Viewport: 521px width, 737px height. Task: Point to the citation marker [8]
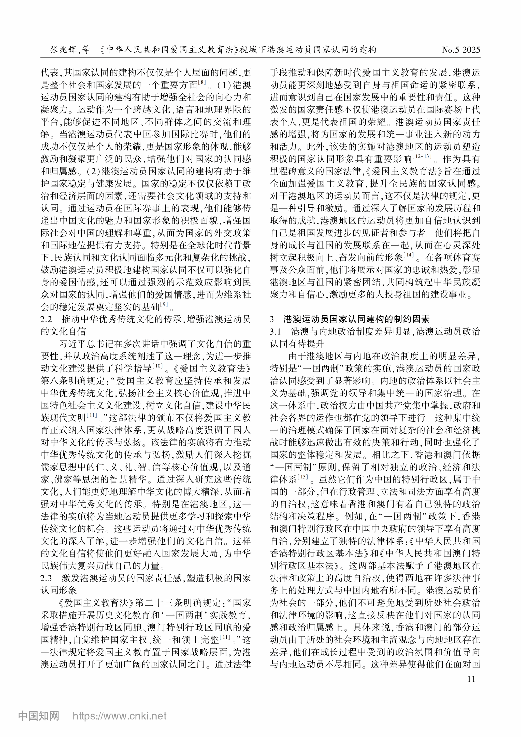pos(202,82)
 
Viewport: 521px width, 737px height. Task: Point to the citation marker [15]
pos(303,477)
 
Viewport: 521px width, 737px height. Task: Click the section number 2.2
pos(46,319)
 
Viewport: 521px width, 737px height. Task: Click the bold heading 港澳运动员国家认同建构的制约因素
pos(356,319)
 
